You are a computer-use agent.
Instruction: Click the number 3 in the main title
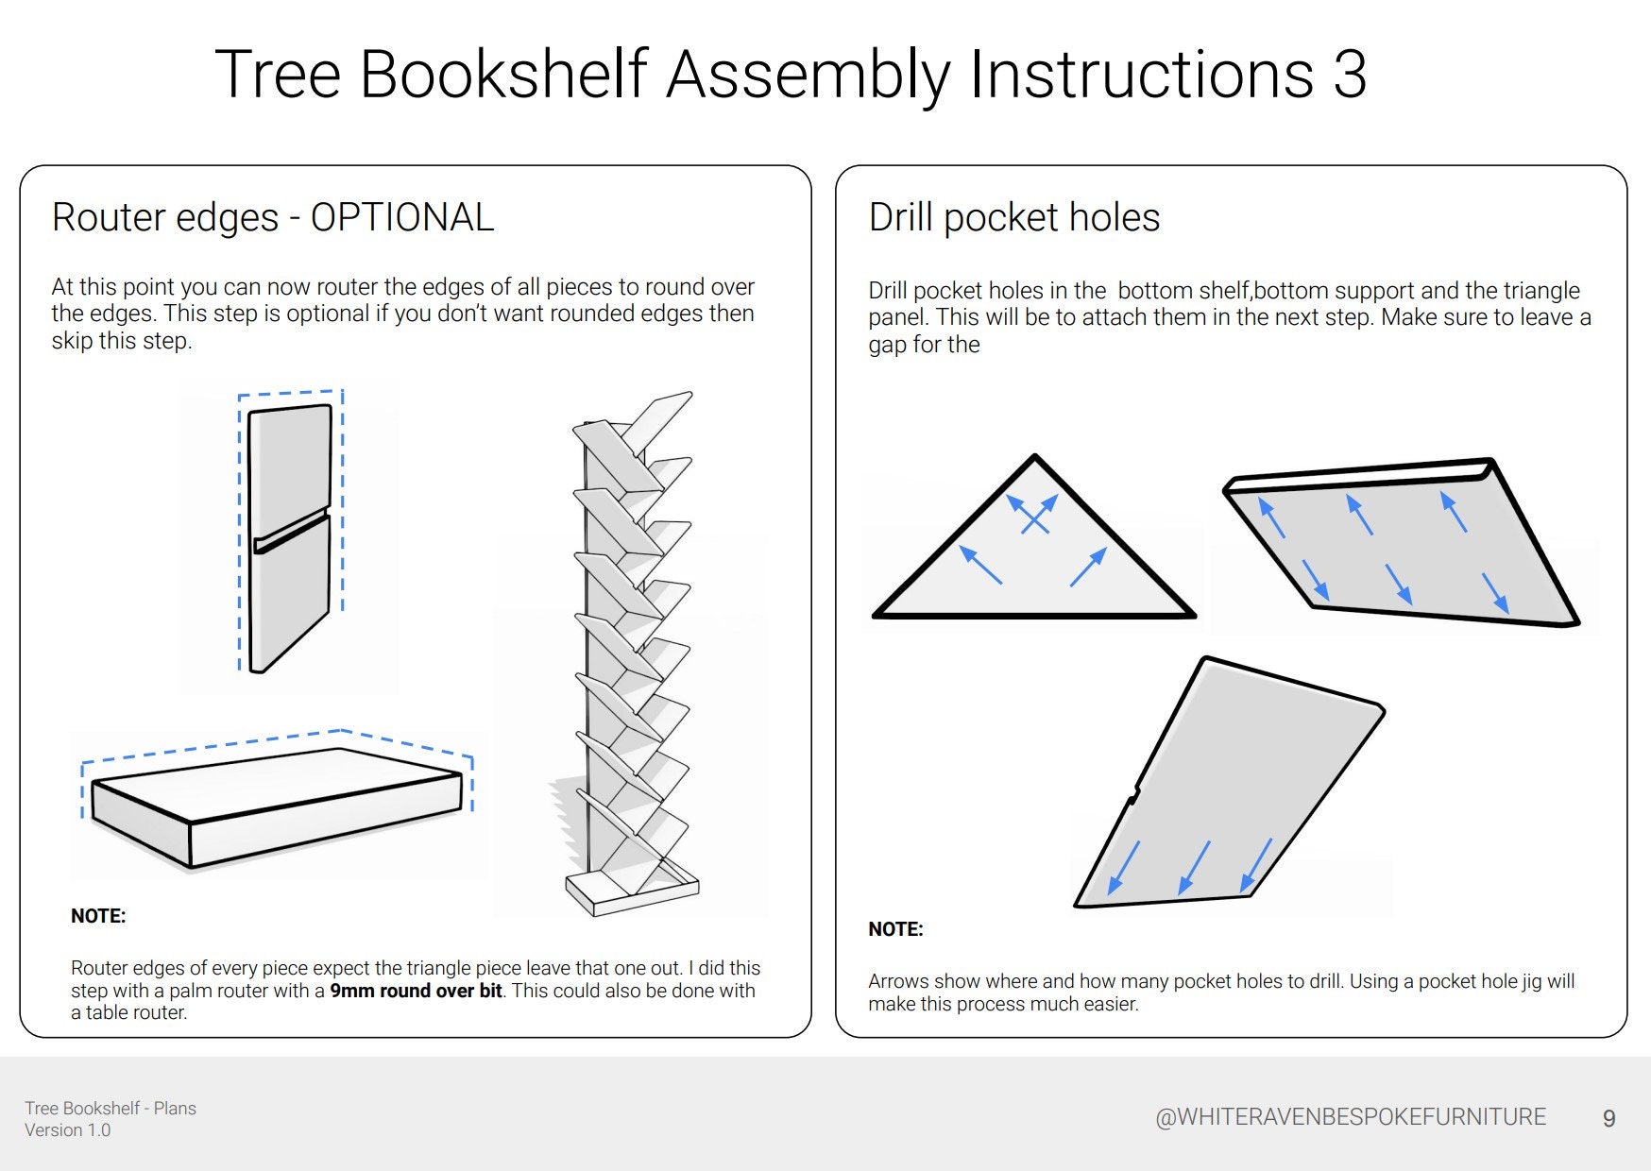point(1349,75)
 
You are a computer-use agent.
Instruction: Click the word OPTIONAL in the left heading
point(401,217)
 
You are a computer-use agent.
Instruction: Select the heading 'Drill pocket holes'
point(1013,217)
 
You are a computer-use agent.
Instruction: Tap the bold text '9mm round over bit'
point(416,991)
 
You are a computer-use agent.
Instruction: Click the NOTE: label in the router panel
point(98,915)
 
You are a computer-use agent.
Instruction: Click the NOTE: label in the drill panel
point(895,928)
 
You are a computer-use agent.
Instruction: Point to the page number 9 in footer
point(1608,1119)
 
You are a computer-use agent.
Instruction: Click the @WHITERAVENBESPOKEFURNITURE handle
point(1350,1117)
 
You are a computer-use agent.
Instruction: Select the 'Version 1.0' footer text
point(67,1130)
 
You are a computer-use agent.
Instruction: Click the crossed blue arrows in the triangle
point(1032,515)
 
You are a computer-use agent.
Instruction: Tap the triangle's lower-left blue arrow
point(980,565)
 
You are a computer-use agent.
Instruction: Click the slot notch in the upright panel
point(291,531)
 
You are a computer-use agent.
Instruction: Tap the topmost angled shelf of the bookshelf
point(658,416)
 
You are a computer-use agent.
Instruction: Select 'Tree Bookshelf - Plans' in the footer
point(111,1108)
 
